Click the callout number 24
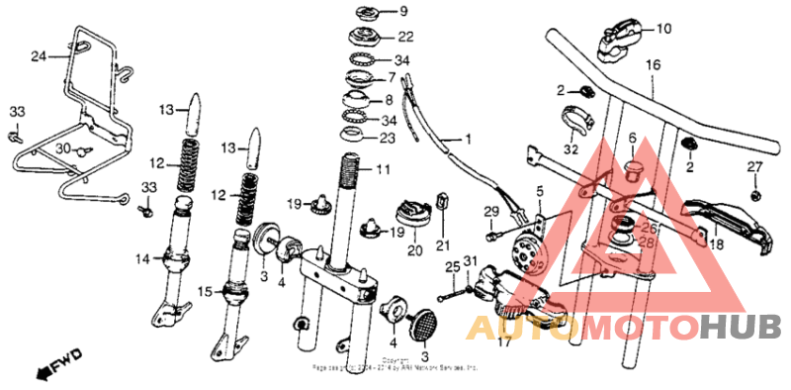click(x=39, y=55)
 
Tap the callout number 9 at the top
click(x=375, y=12)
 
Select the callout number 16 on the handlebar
click(x=653, y=66)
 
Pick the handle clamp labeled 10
click(x=620, y=38)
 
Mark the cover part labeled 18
click(x=729, y=220)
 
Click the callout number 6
click(x=632, y=138)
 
